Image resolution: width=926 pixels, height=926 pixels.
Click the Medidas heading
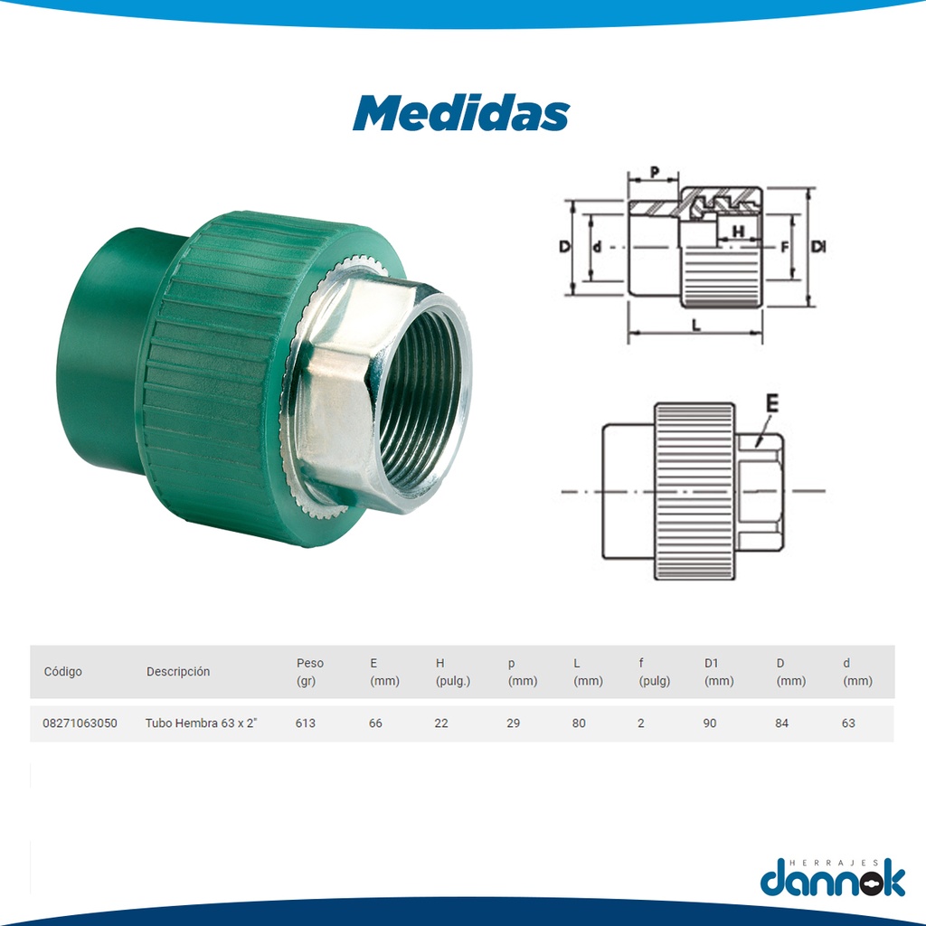(461, 113)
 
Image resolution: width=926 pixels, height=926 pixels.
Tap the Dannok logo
(832, 876)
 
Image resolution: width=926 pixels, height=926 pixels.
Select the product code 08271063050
(80, 723)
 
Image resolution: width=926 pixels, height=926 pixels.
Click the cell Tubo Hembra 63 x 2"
(201, 723)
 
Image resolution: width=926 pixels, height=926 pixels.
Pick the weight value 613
(306, 723)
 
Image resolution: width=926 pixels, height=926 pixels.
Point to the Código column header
(62, 672)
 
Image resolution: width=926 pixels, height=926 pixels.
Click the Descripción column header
(178, 672)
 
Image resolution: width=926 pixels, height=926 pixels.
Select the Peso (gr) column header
(309, 672)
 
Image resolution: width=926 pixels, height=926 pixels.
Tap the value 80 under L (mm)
(580, 723)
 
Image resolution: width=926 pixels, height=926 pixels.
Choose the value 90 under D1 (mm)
(710, 723)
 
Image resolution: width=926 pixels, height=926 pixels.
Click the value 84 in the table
(781, 723)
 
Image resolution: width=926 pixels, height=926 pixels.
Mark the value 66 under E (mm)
(375, 723)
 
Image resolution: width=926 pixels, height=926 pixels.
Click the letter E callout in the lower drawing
(770, 403)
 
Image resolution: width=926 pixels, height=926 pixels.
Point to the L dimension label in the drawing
(695, 326)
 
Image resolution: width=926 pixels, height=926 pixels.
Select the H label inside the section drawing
(738, 231)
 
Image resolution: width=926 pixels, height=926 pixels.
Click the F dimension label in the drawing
(784, 246)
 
